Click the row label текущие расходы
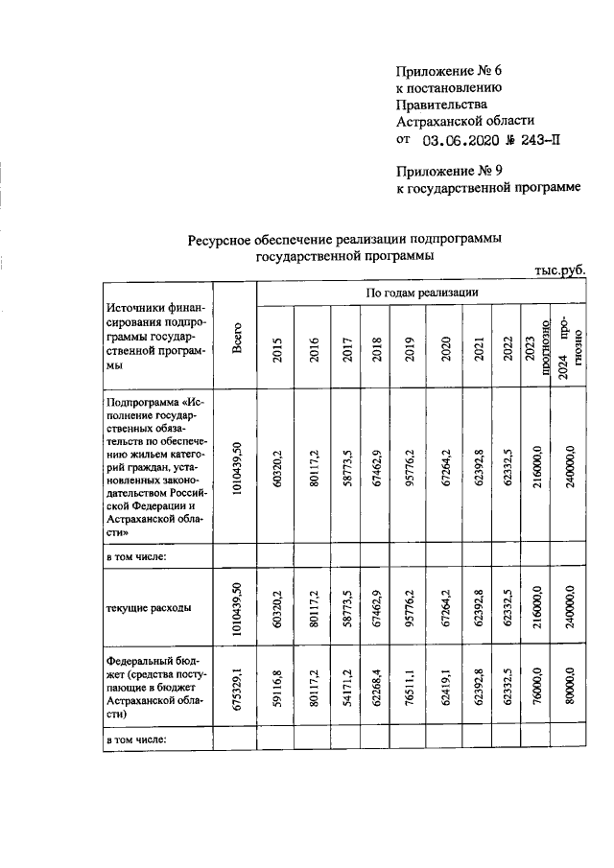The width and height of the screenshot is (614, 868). click(x=148, y=608)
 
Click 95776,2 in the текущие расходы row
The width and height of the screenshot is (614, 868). click(x=410, y=608)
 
